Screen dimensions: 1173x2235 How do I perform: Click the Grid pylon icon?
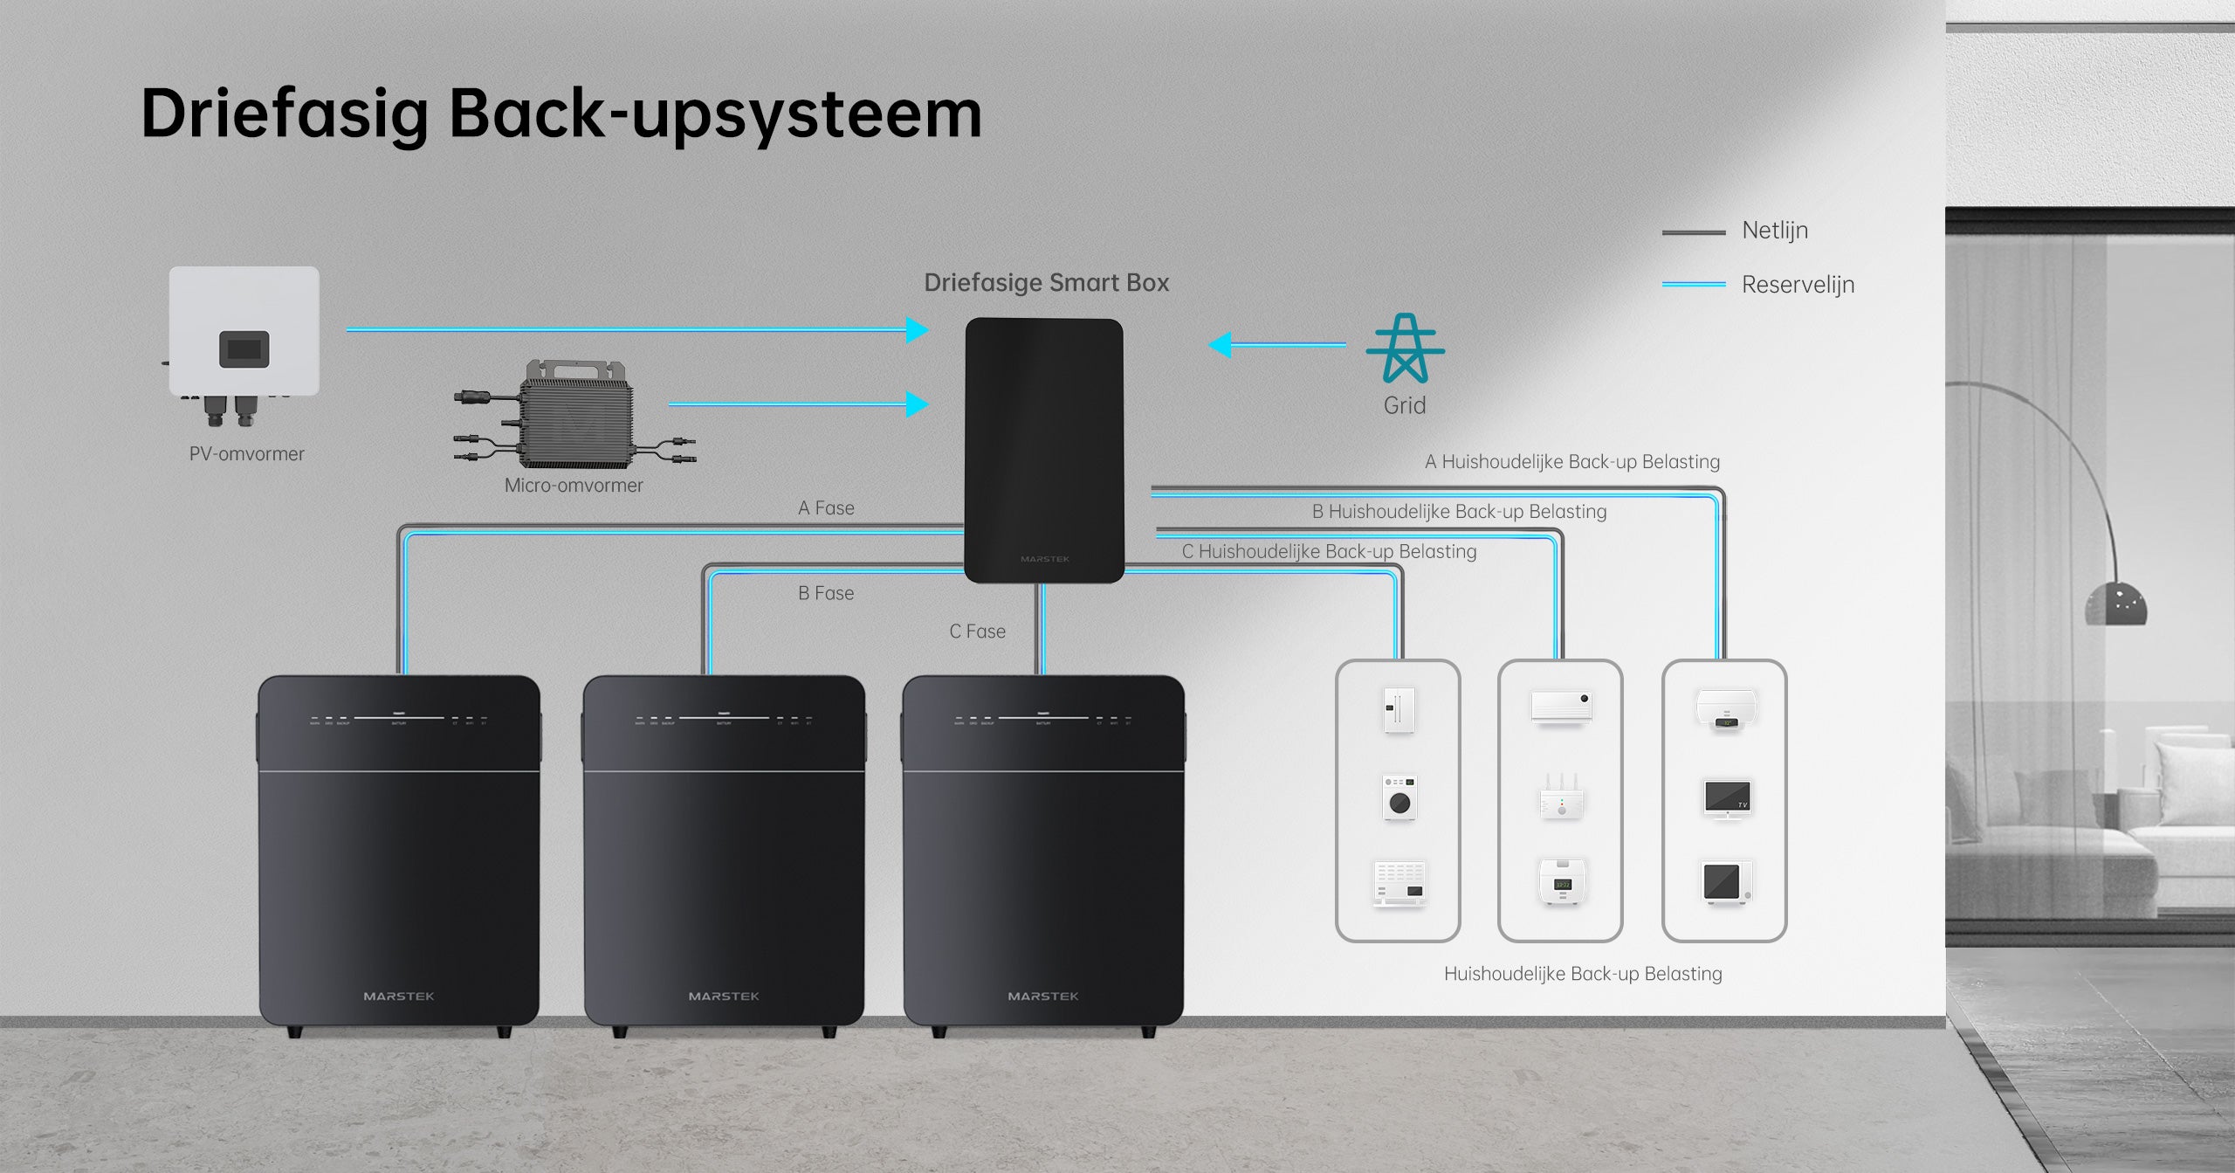[1405, 348]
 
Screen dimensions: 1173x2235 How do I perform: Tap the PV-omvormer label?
[246, 454]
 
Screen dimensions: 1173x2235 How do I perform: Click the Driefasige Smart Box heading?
[1046, 283]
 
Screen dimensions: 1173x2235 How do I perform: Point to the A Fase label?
[826, 508]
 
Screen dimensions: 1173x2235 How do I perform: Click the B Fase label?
[826, 593]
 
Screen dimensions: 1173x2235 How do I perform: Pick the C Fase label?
[977, 631]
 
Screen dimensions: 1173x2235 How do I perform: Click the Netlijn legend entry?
[1774, 231]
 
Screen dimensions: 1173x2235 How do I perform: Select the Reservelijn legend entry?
[1797, 285]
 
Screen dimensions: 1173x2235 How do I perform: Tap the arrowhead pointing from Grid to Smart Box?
[1221, 345]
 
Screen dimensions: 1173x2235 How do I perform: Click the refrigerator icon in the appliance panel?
[1399, 709]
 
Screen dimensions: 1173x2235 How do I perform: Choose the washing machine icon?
[1399, 797]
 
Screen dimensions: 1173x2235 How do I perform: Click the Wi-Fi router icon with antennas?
[1561, 797]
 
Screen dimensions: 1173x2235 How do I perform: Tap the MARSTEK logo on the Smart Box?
[1044, 559]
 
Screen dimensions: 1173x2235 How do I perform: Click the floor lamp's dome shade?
[2115, 604]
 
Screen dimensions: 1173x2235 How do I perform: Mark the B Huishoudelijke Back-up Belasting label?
[1459, 512]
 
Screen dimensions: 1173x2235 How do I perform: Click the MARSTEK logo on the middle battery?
[724, 997]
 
